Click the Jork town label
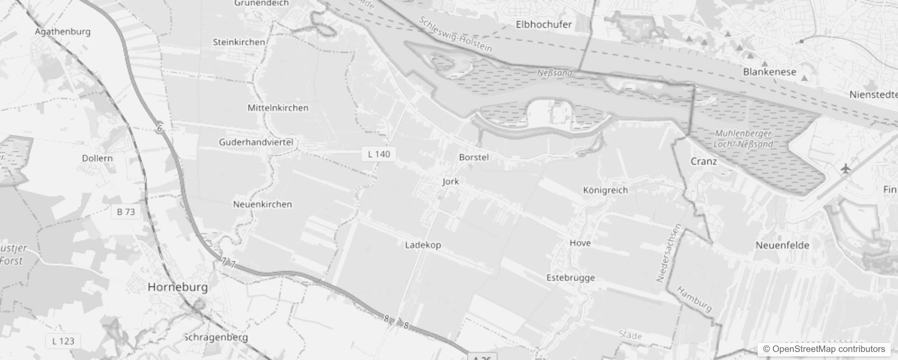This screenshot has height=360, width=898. [450, 181]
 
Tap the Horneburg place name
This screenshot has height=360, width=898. [178, 287]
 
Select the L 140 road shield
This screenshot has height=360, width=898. [379, 154]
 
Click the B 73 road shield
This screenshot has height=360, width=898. [126, 211]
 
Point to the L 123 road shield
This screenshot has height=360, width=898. [63, 341]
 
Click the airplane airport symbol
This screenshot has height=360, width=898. [846, 169]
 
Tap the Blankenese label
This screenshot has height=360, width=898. [769, 72]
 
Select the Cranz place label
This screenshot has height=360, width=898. [704, 162]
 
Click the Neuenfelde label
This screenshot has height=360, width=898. [782, 245]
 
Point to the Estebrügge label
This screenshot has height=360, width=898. [570, 278]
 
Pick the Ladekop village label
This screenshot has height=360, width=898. [423, 245]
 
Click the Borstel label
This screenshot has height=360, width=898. [474, 157]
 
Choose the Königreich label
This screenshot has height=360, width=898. [605, 190]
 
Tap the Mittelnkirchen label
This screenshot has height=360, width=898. [278, 108]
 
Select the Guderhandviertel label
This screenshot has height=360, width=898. [256, 142]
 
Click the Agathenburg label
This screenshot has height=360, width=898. [63, 32]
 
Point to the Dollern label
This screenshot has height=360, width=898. [97, 158]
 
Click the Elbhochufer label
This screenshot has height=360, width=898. [543, 25]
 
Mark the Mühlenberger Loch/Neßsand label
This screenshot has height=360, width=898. [743, 139]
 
